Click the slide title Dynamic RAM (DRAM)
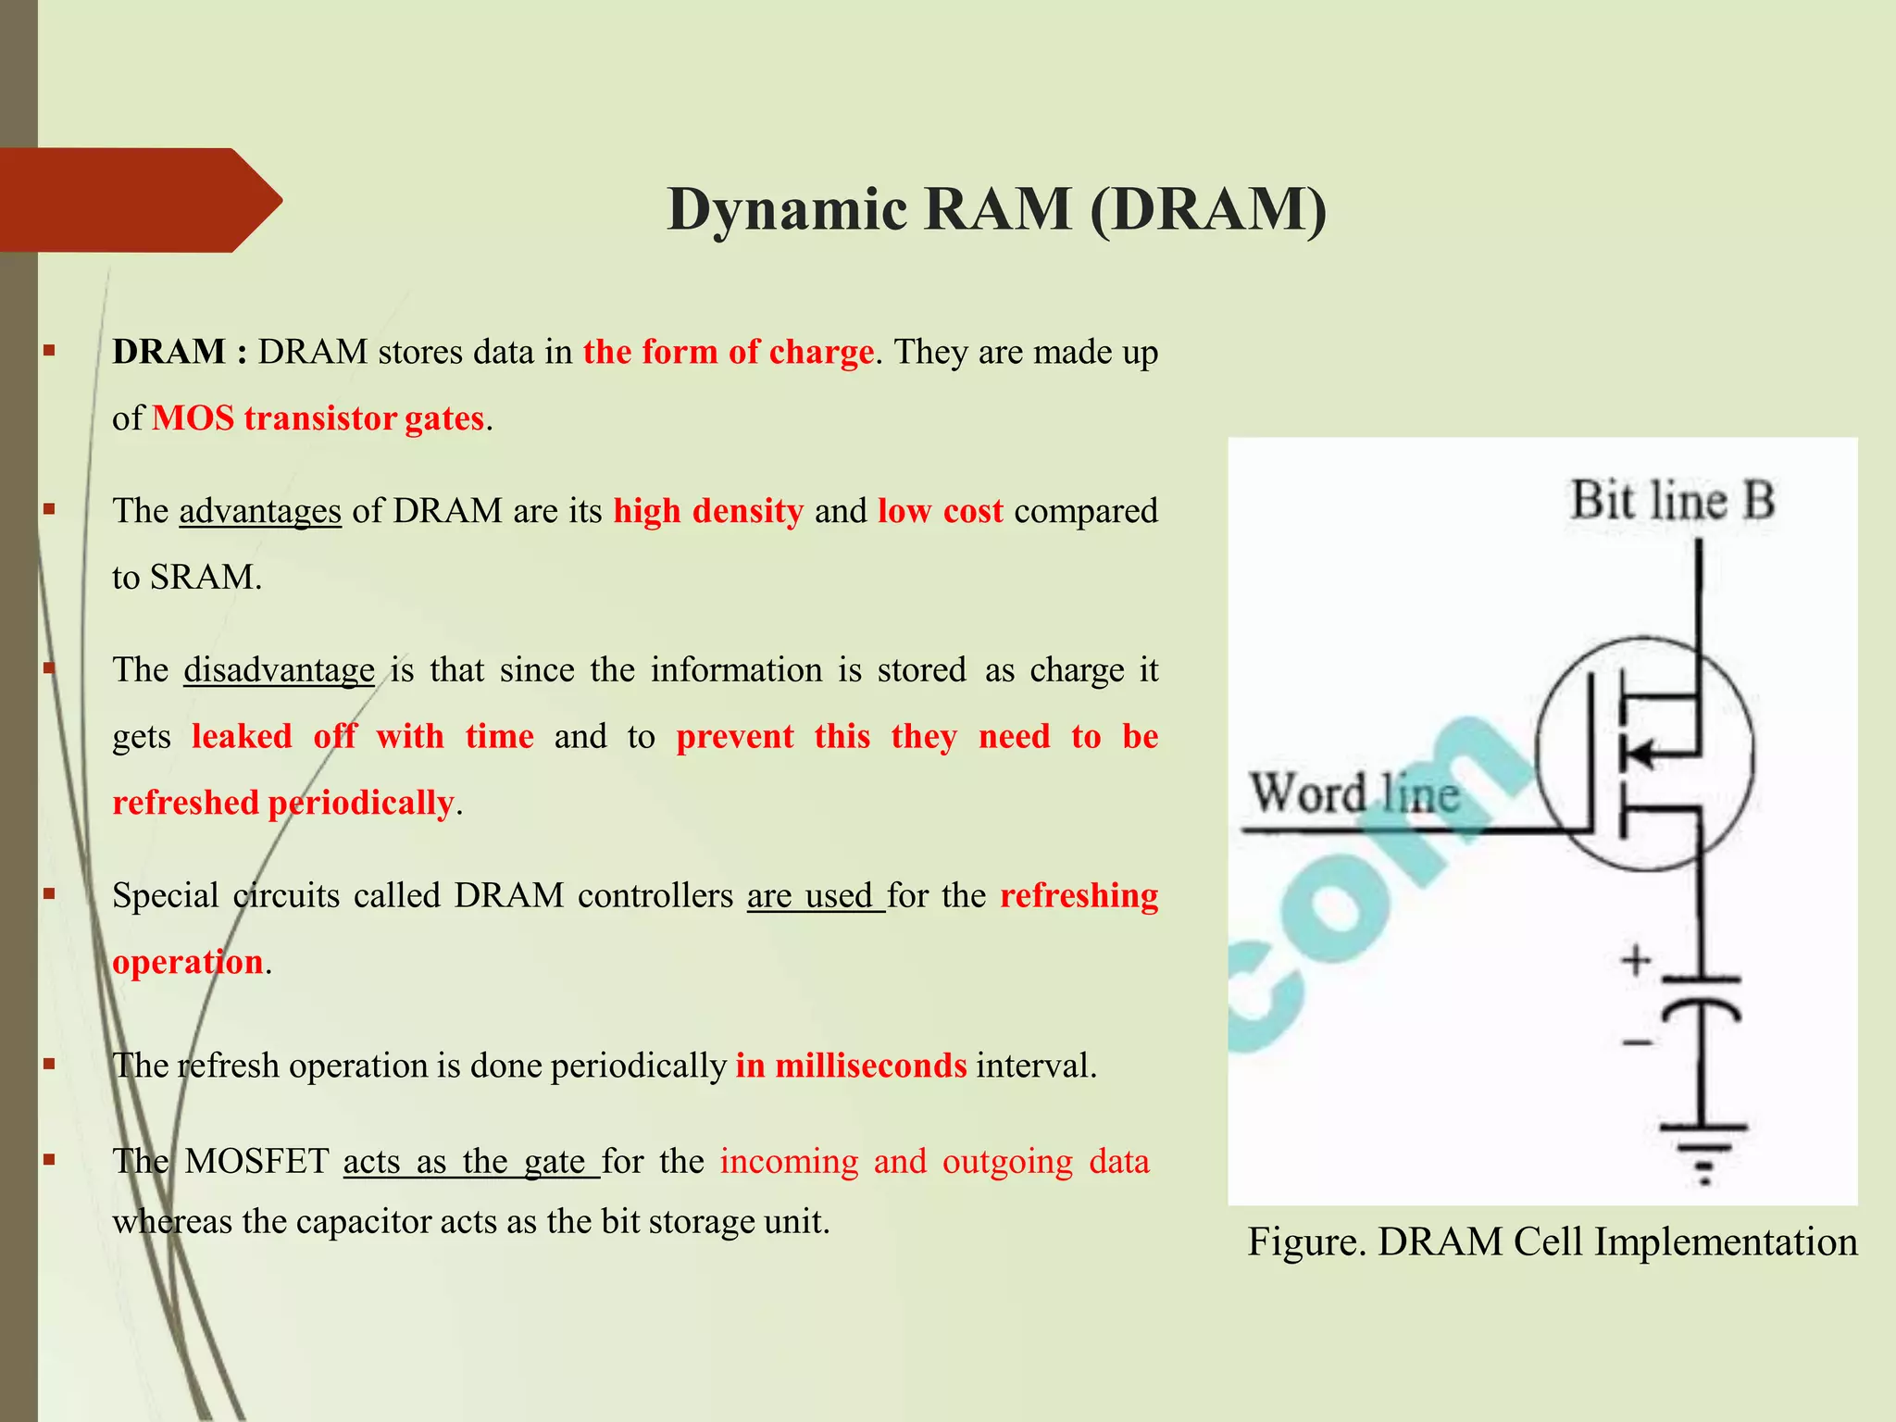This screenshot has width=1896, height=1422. click(996, 209)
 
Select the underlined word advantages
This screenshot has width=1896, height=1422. click(260, 511)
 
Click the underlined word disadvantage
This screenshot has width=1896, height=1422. click(279, 670)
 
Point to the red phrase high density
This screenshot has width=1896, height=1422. click(708, 511)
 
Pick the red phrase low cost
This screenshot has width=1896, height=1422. click(940, 511)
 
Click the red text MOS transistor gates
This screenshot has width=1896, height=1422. click(318, 418)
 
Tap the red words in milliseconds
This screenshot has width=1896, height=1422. click(851, 1066)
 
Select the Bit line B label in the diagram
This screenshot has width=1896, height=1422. click(1672, 501)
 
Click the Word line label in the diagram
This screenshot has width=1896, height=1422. click(1353, 794)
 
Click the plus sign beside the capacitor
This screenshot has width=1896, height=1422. click(1636, 959)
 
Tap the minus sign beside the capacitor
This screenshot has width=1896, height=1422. click(1636, 1043)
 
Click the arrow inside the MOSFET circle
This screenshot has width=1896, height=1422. click(1643, 754)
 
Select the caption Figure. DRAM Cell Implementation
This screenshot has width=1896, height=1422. click(1552, 1241)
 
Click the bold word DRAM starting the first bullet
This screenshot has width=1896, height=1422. click(168, 352)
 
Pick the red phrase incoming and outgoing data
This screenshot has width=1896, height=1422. click(934, 1161)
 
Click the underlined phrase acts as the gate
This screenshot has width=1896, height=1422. click(470, 1161)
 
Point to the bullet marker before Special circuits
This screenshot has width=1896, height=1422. click(49, 895)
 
